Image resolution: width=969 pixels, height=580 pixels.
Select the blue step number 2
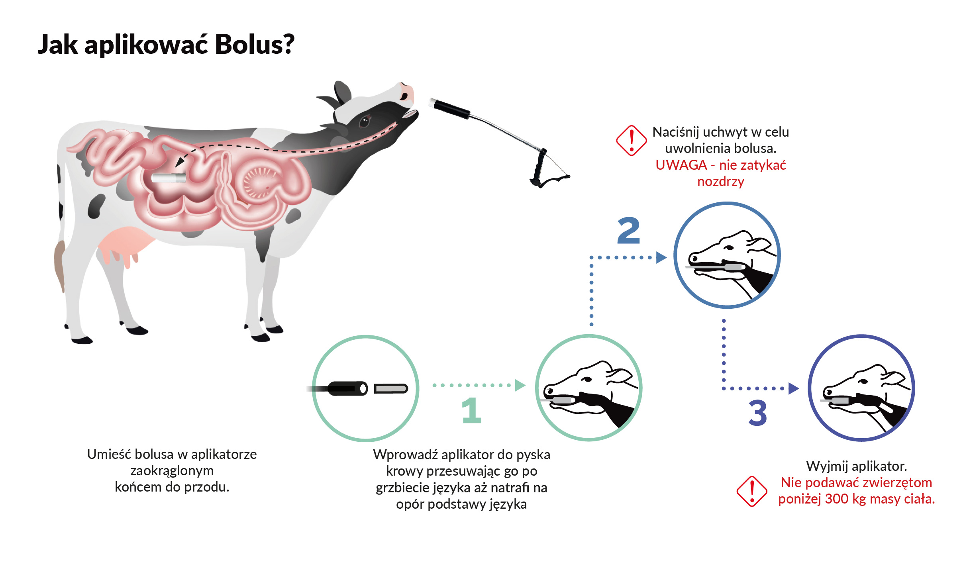[628, 231]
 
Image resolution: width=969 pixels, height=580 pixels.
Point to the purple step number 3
[757, 413]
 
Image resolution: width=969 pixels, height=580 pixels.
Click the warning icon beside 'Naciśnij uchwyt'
[631, 141]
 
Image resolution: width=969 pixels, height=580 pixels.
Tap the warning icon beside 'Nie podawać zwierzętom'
[751, 491]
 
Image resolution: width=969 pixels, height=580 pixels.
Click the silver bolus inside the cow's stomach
[169, 178]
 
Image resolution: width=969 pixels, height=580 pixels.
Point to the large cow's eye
[365, 121]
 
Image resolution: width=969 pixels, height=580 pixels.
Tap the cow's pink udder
[124, 243]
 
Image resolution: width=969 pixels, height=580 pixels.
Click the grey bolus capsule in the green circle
[391, 388]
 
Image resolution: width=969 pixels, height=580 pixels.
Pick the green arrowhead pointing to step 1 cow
[520, 385]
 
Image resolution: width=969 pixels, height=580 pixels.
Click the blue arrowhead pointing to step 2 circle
[661, 257]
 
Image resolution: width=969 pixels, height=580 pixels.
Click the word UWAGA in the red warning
[681, 165]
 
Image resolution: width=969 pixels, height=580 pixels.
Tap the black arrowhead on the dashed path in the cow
[180, 162]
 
